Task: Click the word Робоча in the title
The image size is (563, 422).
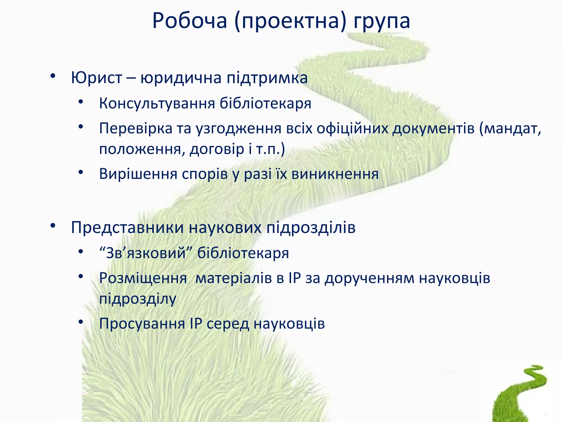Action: [x=190, y=21]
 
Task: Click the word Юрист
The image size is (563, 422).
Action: [x=96, y=78]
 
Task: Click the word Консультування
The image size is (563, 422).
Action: [x=157, y=104]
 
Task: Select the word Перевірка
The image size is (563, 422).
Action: [x=136, y=128]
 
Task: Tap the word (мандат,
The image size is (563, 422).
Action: [x=510, y=128]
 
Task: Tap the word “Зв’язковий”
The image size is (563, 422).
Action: [x=146, y=253]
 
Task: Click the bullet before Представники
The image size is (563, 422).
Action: [x=53, y=226]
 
